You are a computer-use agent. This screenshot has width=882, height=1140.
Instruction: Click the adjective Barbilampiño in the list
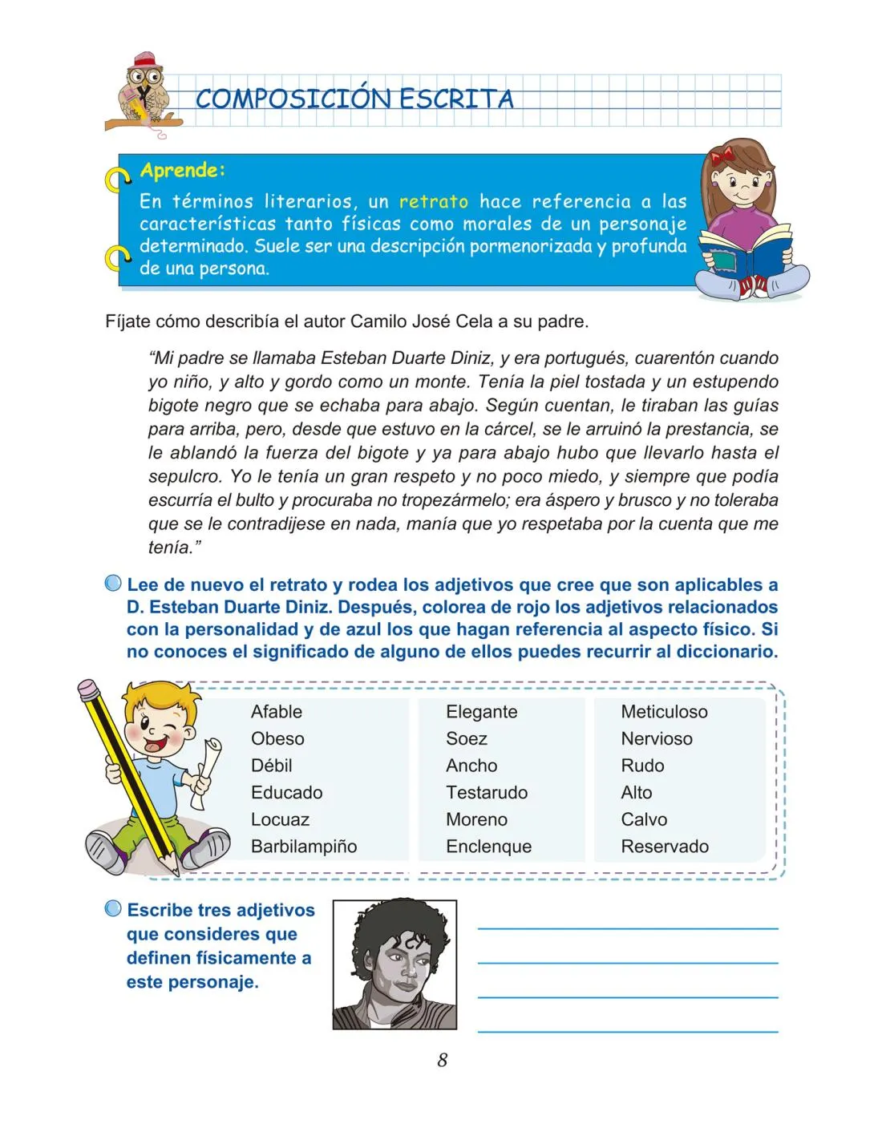click(304, 847)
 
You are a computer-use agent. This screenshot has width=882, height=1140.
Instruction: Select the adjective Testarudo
click(487, 793)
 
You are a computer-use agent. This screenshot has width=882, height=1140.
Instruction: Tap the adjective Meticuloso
click(664, 712)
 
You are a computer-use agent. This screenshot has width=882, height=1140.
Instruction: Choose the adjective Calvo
click(644, 819)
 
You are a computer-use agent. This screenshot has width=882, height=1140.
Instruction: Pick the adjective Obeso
click(277, 739)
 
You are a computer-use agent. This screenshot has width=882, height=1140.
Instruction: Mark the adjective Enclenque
click(488, 847)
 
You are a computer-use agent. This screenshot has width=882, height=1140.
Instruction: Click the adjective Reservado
click(665, 847)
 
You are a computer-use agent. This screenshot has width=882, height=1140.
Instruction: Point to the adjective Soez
click(467, 739)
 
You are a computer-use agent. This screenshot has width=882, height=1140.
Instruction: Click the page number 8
click(442, 1060)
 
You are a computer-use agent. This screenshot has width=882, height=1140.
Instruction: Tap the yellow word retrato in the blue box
click(434, 201)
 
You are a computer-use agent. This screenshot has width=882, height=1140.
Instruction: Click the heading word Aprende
click(182, 170)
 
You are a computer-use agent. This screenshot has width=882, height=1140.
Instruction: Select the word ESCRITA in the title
click(456, 99)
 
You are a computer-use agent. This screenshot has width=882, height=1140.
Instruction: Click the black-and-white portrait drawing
click(394, 964)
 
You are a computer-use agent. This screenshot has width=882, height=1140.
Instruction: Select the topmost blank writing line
click(628, 928)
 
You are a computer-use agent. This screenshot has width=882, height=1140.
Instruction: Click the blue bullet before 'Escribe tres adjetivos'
click(113, 909)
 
